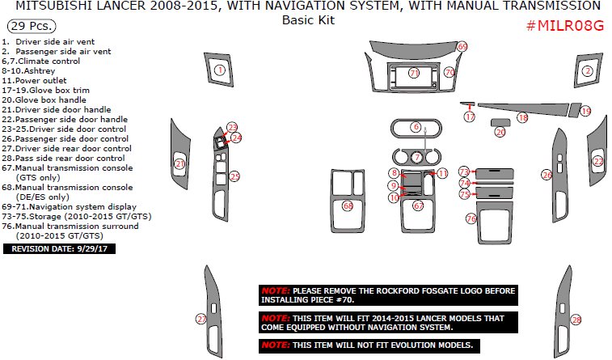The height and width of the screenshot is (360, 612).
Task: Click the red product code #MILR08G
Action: (x=565, y=25)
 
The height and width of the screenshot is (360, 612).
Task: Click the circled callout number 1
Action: (x=220, y=71)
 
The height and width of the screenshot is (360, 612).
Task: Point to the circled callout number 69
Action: (x=462, y=47)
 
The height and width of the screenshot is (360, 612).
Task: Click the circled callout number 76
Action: (x=471, y=218)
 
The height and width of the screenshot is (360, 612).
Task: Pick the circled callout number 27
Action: (x=201, y=319)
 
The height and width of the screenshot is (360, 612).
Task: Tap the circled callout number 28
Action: (x=576, y=320)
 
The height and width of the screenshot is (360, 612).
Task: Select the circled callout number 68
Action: (x=348, y=206)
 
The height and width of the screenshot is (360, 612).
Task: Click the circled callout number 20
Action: (x=500, y=132)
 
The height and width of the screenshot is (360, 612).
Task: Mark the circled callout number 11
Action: (x=442, y=174)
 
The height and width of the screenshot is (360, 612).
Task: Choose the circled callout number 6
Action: (x=416, y=127)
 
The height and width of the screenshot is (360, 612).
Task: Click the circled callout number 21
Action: (x=179, y=165)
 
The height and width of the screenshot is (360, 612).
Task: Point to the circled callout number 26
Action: (x=547, y=175)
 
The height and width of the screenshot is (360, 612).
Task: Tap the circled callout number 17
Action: (x=470, y=117)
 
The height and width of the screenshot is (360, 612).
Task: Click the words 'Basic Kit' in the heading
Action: (x=307, y=20)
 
